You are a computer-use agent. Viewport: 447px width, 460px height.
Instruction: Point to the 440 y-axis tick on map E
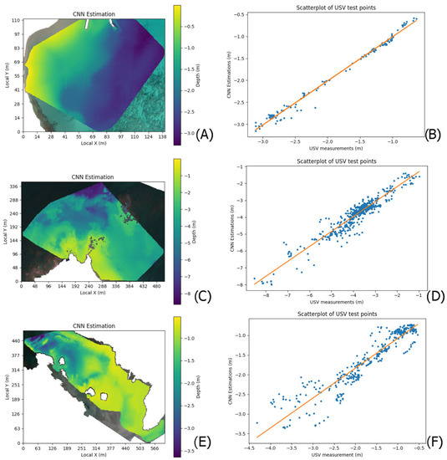pos(15,341)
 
